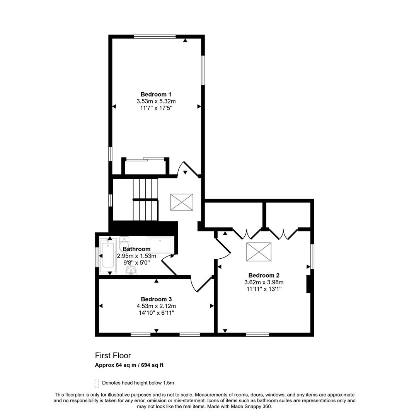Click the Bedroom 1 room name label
click(156, 94)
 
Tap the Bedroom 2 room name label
click(264, 275)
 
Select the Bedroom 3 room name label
click(156, 299)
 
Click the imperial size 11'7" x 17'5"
click(156, 108)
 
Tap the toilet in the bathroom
click(124, 243)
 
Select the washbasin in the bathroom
click(131, 271)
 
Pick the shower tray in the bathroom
click(160, 245)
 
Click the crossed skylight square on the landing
click(181, 202)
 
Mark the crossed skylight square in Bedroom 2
click(259, 251)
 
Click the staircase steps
click(145, 199)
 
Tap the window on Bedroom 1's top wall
click(155, 37)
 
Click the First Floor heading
click(113, 356)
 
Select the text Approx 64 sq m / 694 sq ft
click(131, 365)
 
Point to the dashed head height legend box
click(97, 383)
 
